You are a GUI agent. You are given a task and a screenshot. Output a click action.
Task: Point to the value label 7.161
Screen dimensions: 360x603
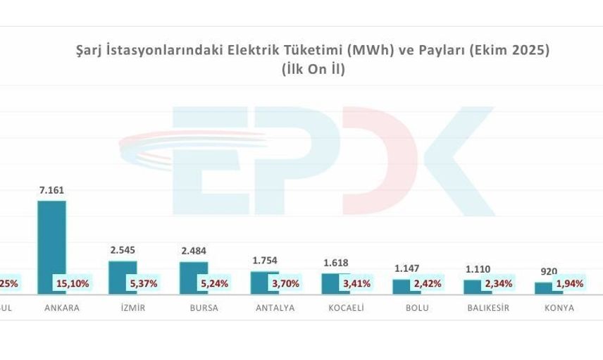[52, 190]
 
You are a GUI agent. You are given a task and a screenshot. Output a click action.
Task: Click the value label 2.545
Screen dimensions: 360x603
[123, 250]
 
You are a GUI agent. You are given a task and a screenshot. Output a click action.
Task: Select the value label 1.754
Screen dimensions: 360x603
[265, 261]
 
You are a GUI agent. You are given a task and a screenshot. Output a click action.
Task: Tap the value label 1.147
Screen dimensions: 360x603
[406, 268]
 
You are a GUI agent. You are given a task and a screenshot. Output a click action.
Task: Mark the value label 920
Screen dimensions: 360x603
[549, 271]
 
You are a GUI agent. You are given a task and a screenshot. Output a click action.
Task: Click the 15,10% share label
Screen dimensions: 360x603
[71, 284]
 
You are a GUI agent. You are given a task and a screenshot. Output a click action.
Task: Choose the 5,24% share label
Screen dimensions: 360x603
[213, 284]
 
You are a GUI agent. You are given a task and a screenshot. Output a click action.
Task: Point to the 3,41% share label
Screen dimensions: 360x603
[356, 284]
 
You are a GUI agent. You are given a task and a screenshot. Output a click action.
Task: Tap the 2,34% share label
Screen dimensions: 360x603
[498, 284]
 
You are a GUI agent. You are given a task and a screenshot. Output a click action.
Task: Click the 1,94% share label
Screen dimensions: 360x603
[569, 284]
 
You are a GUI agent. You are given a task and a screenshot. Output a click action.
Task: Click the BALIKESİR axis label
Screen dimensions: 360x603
[488, 308]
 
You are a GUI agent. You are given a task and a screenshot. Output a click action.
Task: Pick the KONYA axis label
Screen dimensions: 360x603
[559, 308]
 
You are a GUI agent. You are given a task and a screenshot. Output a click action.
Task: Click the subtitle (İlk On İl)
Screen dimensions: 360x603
[313, 69]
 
